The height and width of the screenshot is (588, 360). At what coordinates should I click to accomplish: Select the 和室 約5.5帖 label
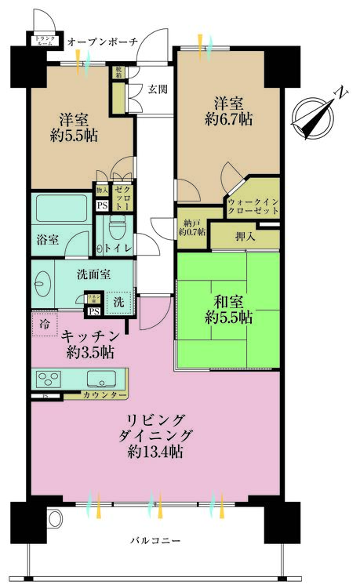coord(227,308)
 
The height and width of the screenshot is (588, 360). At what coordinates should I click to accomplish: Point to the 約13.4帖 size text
coord(156,452)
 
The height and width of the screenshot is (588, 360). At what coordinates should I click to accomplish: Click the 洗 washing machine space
coord(118,301)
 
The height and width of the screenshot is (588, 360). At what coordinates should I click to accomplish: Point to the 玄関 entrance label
coord(158,89)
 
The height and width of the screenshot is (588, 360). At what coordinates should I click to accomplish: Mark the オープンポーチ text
coord(104,41)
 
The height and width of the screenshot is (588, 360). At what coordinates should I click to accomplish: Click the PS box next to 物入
coord(101,205)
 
